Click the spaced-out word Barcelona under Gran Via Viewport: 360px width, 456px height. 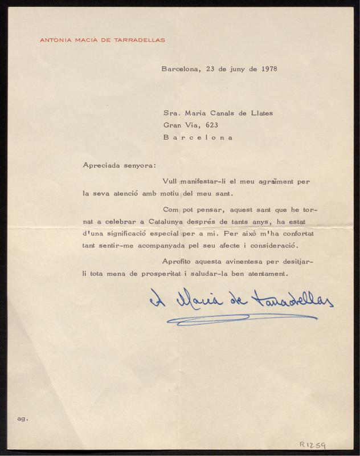[x=198, y=137]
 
